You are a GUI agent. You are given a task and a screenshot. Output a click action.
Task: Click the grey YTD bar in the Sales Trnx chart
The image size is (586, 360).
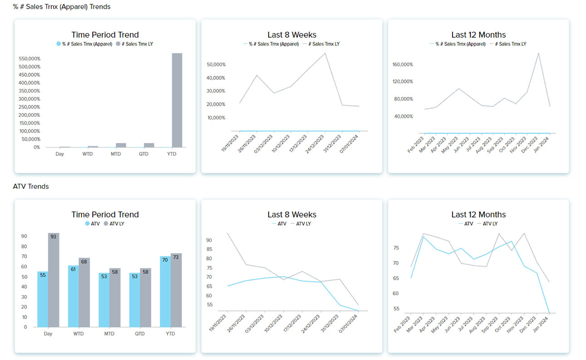pyautogui.click(x=177, y=100)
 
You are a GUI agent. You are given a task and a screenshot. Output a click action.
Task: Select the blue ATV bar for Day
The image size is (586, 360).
pyautogui.click(x=43, y=299)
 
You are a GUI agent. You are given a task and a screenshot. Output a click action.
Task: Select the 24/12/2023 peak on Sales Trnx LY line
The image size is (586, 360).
pyautogui.click(x=325, y=54)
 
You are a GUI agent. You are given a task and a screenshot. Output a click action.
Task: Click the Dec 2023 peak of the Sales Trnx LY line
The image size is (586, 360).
pyautogui.click(x=538, y=54)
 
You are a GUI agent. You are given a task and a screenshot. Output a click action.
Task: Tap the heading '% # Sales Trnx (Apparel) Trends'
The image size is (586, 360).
pyautogui.click(x=62, y=7)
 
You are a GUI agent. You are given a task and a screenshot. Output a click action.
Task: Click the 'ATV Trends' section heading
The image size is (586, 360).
pyautogui.click(x=31, y=187)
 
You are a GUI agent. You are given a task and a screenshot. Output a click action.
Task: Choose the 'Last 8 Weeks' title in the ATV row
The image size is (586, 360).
pyautogui.click(x=292, y=215)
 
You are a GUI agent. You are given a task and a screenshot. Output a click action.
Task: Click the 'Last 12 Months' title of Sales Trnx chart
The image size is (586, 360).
pyautogui.click(x=478, y=35)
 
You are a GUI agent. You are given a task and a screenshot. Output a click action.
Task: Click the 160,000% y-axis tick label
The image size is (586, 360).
pyautogui.click(x=403, y=64)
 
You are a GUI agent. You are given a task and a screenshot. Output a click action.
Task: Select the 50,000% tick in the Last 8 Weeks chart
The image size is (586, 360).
pyautogui.click(x=216, y=64)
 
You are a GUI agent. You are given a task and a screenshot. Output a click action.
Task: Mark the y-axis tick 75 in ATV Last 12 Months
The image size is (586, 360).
pyautogui.click(x=396, y=248)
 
